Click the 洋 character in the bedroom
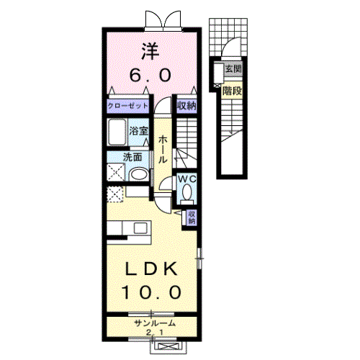point(150,51)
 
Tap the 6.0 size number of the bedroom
point(150,75)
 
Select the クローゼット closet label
point(128,106)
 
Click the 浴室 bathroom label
point(138,131)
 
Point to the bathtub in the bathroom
point(117,132)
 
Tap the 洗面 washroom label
point(132,157)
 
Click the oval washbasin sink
point(139,174)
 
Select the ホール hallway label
point(163,149)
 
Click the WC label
point(187,179)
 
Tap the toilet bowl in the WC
point(187,192)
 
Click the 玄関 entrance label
point(233,69)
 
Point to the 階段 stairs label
point(232,91)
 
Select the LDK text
point(150,269)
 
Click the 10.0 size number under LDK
point(151,292)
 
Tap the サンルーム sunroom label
point(155,323)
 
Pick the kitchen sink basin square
point(140,228)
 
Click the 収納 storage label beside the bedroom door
point(186,106)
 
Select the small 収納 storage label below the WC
point(192,217)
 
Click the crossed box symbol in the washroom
point(116,172)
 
